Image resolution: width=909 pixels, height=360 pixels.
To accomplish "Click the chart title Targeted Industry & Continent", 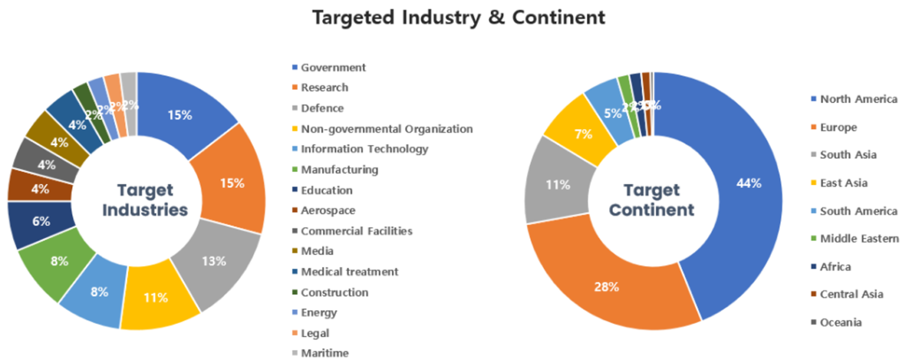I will pyautogui.click(x=459, y=17).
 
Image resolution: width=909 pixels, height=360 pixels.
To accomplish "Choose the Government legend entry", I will pyautogui.click(x=333, y=67).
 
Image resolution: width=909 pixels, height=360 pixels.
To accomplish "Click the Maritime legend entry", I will pyautogui.click(x=324, y=353).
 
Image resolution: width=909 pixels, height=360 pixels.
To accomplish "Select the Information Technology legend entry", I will pyautogui.click(x=364, y=149).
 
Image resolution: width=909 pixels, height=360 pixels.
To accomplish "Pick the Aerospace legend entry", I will pyautogui.click(x=328, y=211).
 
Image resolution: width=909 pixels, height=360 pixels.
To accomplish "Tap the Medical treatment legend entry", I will pyautogui.click(x=349, y=272).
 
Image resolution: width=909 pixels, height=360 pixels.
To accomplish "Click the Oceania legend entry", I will pyautogui.click(x=840, y=323).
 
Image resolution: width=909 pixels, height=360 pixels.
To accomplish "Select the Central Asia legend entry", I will pyautogui.click(x=851, y=294).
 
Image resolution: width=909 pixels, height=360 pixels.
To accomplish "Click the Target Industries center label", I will pyautogui.click(x=145, y=200).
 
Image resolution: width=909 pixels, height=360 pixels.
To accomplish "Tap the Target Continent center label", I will pyautogui.click(x=652, y=200).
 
